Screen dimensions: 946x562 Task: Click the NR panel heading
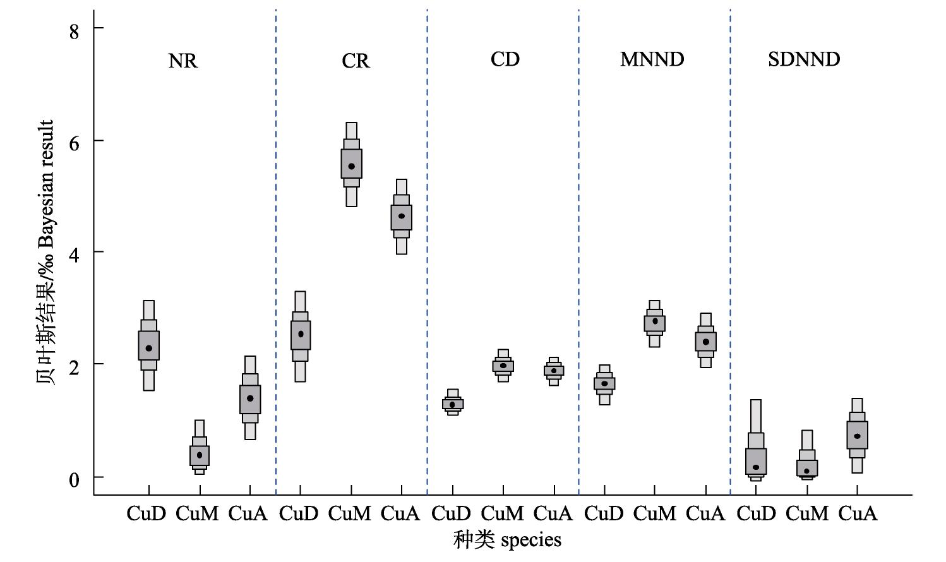click(183, 61)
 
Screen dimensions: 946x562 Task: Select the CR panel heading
click(356, 61)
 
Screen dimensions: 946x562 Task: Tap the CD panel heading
click(505, 59)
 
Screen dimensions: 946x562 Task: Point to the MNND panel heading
click(652, 59)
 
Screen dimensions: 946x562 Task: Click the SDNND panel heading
click(804, 59)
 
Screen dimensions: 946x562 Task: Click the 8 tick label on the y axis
click(74, 31)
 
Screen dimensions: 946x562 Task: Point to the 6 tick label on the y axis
click(74, 143)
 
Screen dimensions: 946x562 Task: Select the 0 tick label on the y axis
click(74, 480)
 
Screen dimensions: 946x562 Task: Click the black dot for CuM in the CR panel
click(351, 166)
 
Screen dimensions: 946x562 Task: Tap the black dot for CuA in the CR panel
click(402, 216)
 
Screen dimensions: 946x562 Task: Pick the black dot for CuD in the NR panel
click(148, 349)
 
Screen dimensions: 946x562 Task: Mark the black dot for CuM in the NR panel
click(200, 455)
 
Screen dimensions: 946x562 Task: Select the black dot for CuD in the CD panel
click(452, 405)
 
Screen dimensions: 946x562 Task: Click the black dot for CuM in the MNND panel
click(655, 321)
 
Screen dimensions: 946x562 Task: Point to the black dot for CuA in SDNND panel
click(858, 436)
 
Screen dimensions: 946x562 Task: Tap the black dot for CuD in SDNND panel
click(756, 467)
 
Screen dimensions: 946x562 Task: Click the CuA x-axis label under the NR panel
click(248, 513)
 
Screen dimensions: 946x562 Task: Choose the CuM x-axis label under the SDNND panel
click(807, 513)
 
